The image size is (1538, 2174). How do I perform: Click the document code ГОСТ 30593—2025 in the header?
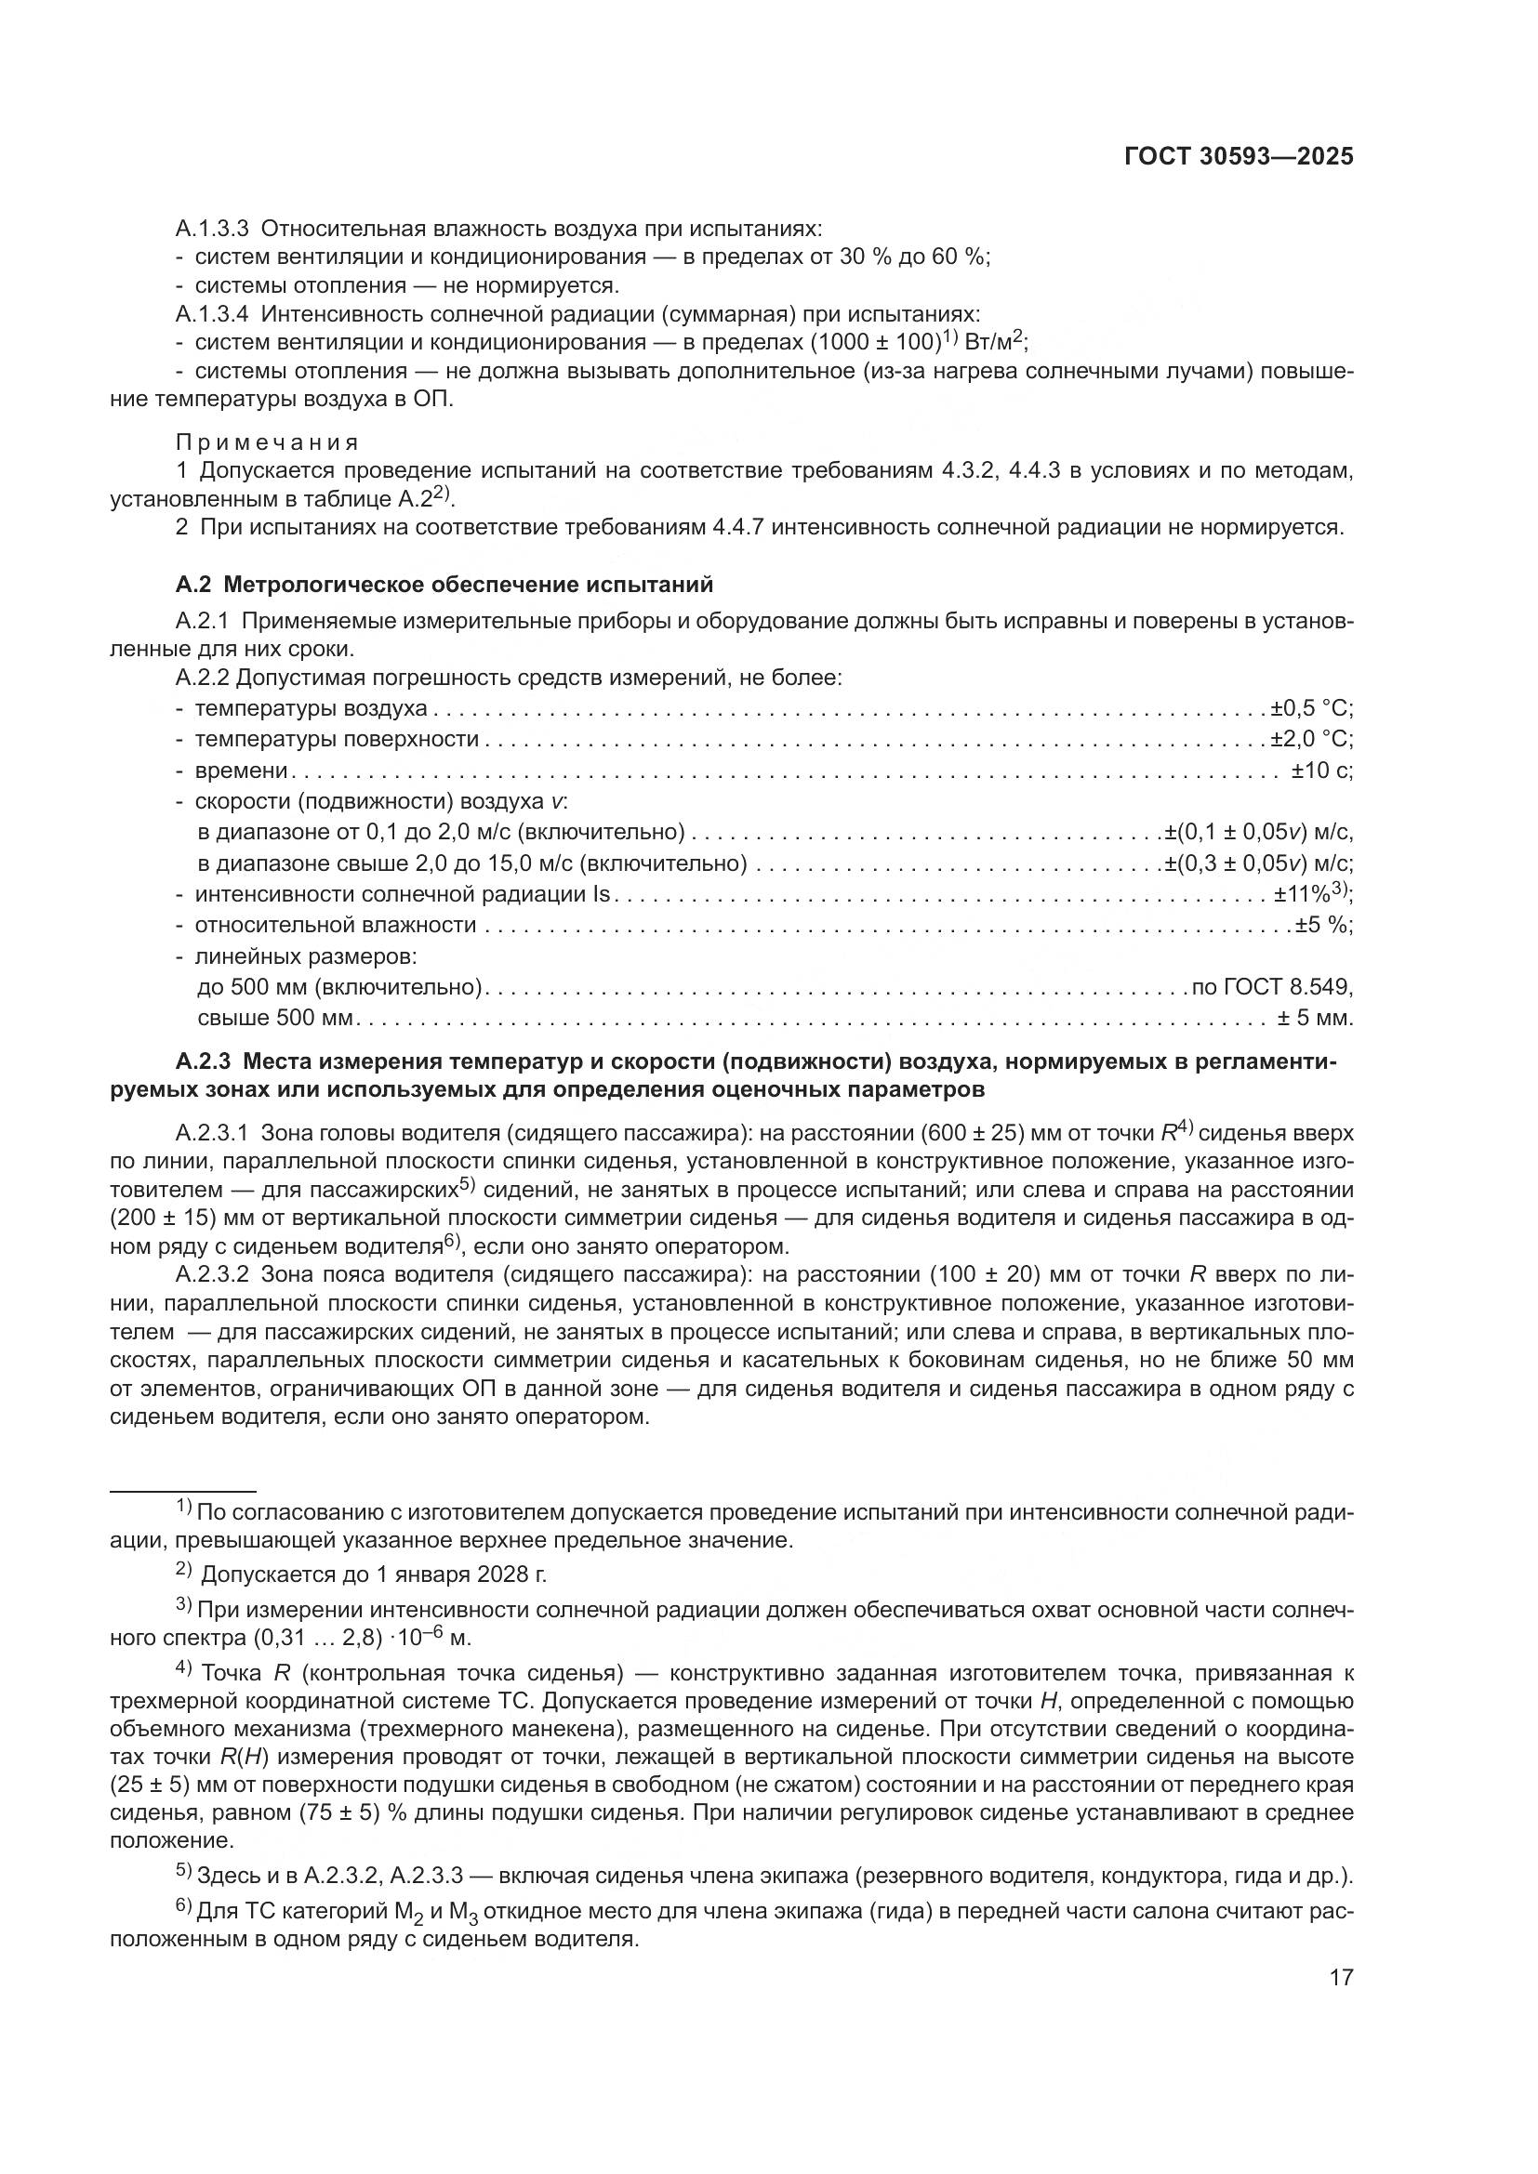(x=1239, y=157)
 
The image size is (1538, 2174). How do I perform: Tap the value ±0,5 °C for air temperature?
(x=1312, y=708)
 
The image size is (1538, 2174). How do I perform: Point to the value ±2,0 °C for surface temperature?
(x=1312, y=740)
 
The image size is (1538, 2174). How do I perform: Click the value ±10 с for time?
(x=1322, y=771)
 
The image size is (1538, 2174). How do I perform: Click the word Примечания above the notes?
(x=267, y=443)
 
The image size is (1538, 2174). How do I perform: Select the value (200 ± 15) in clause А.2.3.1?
(x=179, y=1218)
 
